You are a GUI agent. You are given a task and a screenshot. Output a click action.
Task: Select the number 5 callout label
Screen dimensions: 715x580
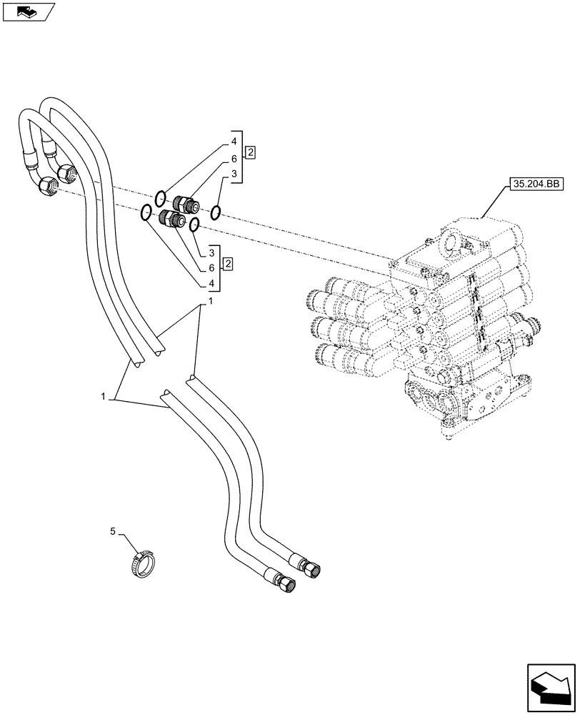point(113,531)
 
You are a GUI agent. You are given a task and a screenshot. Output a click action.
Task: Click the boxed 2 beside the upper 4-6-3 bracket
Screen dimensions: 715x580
point(251,152)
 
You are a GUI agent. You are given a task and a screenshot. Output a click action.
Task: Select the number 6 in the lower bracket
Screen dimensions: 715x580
point(212,267)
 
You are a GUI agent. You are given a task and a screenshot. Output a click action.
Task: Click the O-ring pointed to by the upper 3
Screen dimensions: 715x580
point(216,211)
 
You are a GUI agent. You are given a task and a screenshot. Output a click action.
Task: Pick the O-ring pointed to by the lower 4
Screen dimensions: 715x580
point(145,212)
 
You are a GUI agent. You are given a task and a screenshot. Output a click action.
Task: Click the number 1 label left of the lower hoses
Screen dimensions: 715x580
point(104,395)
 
